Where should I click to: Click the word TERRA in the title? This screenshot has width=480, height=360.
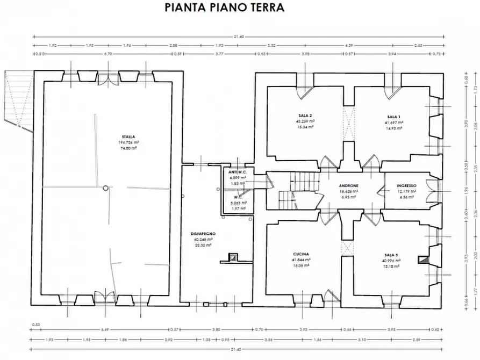pos(263,8)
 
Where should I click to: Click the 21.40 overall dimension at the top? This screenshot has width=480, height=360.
pos(239,37)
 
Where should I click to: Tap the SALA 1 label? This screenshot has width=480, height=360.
pos(393,116)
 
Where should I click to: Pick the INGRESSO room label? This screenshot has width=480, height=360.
pos(407,185)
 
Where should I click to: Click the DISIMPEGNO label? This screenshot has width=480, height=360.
pos(203,234)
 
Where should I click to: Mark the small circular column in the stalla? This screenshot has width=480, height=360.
pos(106,188)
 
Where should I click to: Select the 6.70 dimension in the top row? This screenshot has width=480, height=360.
pos(108,54)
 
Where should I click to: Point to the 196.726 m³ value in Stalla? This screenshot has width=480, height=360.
pos(128,142)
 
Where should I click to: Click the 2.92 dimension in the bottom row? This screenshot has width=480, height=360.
pos(168,340)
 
